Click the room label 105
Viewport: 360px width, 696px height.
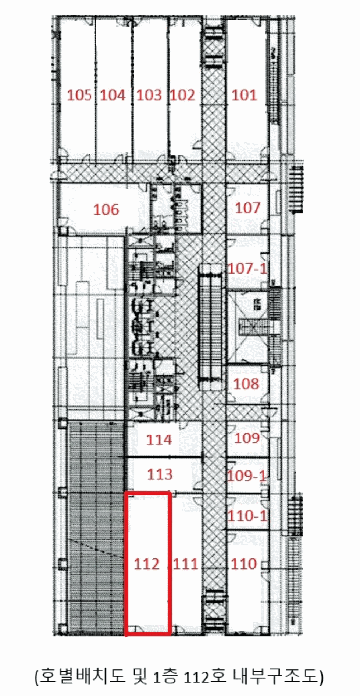coord(80,95)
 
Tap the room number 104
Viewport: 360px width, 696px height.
coord(112,95)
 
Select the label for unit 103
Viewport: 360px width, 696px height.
coord(149,95)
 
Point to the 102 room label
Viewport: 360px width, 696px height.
coord(183,95)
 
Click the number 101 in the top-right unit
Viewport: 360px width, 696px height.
coord(244,95)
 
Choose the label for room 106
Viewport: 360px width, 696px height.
coord(106,209)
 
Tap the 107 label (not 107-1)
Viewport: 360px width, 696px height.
coord(247,207)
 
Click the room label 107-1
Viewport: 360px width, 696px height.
coord(247,268)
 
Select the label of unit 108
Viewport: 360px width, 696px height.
coord(246,384)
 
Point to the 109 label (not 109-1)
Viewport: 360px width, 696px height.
coord(247,438)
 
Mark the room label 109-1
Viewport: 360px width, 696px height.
coord(247,476)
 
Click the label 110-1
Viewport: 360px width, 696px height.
coord(247,516)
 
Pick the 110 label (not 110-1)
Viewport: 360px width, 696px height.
coord(244,564)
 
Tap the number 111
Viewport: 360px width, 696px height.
coord(186,564)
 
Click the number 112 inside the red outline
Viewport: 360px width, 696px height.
coord(147,564)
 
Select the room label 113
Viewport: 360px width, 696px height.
coord(159,474)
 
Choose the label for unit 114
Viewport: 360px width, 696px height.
coord(159,439)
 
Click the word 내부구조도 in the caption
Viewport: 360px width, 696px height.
coord(274,676)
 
